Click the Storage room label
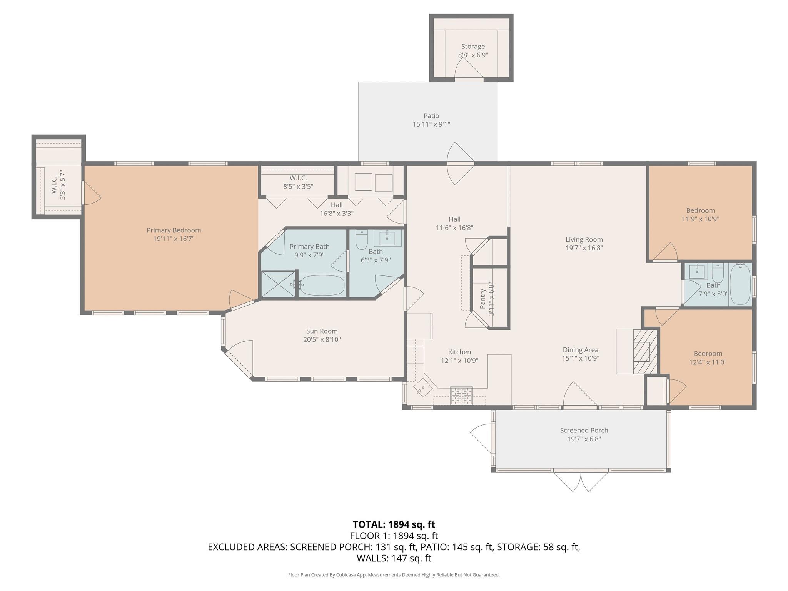(x=473, y=47)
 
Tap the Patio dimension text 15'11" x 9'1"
(x=431, y=124)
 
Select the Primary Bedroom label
(x=174, y=230)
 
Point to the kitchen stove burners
(x=461, y=396)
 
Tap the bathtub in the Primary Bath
(x=322, y=285)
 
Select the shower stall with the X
(x=278, y=284)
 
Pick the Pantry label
(x=483, y=299)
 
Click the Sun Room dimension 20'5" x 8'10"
(x=322, y=340)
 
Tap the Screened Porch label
(x=584, y=430)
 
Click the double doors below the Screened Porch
(x=581, y=481)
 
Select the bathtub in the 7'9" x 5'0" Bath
(x=740, y=285)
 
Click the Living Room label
(x=584, y=239)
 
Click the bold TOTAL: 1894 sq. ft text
(x=394, y=524)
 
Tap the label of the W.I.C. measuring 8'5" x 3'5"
(x=298, y=178)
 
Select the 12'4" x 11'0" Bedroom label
(x=708, y=354)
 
